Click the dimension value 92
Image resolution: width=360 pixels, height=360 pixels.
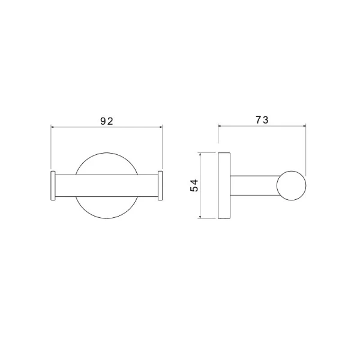tap(107, 121)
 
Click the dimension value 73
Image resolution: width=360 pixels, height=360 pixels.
tap(262, 120)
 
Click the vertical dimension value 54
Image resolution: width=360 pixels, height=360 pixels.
tap(194, 185)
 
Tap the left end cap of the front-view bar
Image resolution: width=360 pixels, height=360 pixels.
tap(53, 185)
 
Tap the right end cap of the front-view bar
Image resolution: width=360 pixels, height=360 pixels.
tap(160, 185)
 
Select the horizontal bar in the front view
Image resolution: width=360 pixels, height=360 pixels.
tap(107, 185)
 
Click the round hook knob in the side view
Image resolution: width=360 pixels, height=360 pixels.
tap(292, 185)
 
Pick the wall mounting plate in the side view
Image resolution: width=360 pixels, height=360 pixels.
tap(224, 185)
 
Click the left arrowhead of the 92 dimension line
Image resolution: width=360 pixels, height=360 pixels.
tap(52, 127)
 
